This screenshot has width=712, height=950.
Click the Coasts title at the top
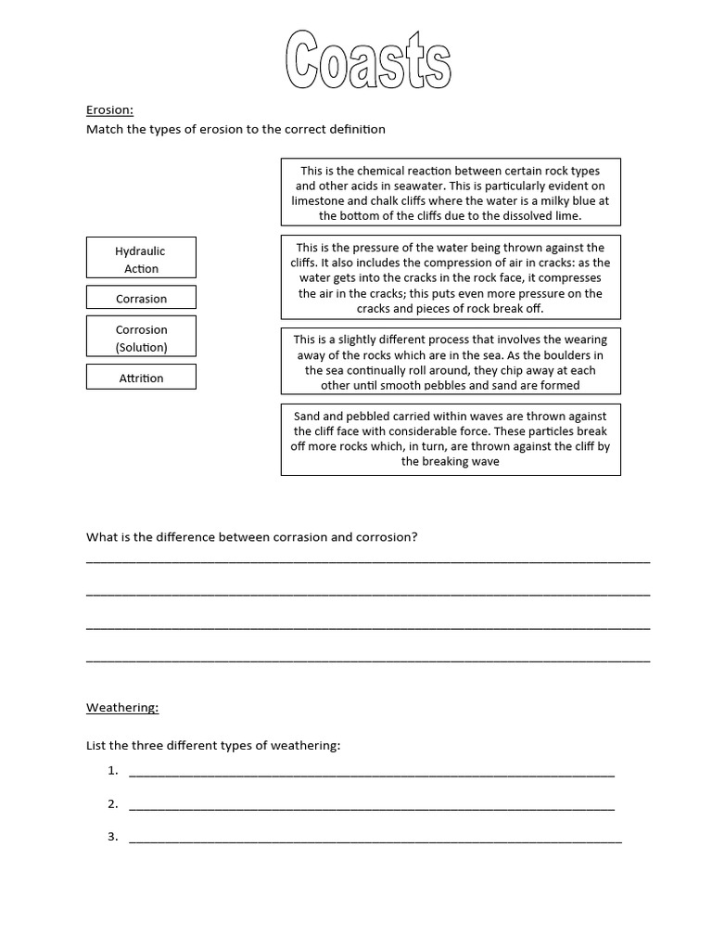pyautogui.click(x=368, y=60)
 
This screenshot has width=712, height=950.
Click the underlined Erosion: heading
pyautogui.click(x=109, y=110)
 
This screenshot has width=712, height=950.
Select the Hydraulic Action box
pyautogui.click(x=141, y=258)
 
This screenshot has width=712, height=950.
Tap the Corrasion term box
pyautogui.click(x=141, y=298)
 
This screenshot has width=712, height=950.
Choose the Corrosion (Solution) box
pyautogui.click(x=141, y=338)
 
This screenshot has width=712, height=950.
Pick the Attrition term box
pyautogui.click(x=141, y=377)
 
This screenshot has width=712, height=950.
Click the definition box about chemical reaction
pyautogui.click(x=451, y=192)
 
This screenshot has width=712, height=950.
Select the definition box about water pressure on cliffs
pyautogui.click(x=451, y=277)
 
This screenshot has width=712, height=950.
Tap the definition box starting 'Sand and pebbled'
pyautogui.click(x=451, y=439)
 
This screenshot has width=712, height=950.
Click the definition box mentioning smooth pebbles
pyautogui.click(x=451, y=362)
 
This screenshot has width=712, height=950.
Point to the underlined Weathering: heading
pyautogui.click(x=122, y=707)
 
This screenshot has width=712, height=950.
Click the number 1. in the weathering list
pyautogui.click(x=113, y=770)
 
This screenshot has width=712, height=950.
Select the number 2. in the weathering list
pyautogui.click(x=113, y=803)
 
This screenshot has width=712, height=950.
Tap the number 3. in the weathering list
pyautogui.click(x=113, y=836)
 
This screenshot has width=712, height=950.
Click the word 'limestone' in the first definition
pyautogui.click(x=319, y=200)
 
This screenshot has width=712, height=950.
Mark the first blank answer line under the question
pyautogui.click(x=368, y=560)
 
